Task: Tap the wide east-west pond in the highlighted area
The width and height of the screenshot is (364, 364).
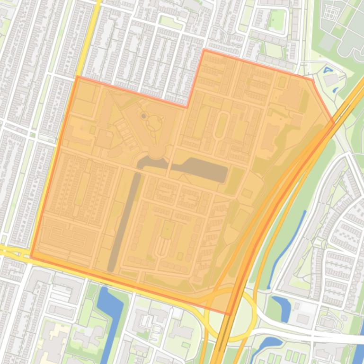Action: tap(199, 169)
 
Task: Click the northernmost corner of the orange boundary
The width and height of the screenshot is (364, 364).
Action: tap(204, 50)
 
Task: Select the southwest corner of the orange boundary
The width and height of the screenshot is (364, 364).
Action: tap(31, 257)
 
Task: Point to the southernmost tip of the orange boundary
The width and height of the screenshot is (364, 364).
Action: tap(231, 314)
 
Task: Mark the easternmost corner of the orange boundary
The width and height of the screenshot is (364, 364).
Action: tap(334, 123)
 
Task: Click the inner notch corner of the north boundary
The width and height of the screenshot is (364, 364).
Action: tap(186, 107)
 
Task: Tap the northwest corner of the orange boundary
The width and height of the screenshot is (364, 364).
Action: tap(77, 76)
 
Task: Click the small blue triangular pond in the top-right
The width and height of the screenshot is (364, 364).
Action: tap(328, 70)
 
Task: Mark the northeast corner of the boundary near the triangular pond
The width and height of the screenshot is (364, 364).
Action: tap(312, 79)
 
